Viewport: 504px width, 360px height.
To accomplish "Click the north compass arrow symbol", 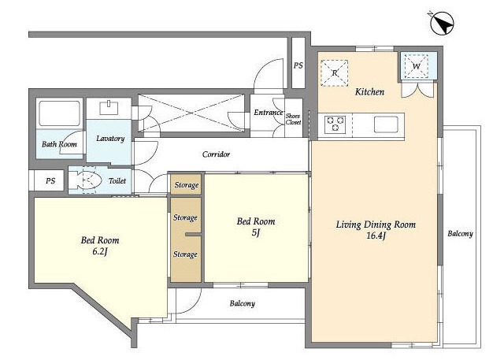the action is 441,23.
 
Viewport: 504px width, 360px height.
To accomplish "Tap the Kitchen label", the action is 369,92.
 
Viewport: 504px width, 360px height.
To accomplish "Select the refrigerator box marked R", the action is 334,73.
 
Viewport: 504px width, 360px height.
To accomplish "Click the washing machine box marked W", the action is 416,66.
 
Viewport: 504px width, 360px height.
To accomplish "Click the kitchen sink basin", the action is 386,124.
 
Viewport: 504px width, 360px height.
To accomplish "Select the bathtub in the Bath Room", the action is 59,113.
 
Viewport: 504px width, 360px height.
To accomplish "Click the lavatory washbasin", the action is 109,108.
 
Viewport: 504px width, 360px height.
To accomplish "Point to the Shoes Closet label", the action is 293,119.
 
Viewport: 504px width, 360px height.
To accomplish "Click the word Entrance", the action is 268,113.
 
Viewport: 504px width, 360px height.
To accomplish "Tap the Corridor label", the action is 216,154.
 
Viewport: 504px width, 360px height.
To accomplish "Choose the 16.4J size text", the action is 376,236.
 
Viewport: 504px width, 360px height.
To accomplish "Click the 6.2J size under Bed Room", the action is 100,251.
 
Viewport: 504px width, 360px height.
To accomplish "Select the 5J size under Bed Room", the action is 256,232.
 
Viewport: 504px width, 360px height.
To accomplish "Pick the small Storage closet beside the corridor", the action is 186,184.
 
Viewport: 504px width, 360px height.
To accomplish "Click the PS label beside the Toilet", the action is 50,181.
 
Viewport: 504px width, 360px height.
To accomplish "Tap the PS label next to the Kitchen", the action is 298,65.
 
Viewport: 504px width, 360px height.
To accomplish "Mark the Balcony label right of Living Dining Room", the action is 460,234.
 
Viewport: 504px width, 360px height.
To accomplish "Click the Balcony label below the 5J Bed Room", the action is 242,303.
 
